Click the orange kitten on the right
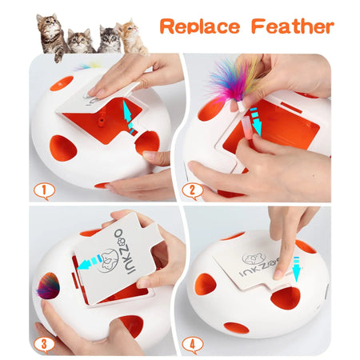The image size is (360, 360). point(131,36)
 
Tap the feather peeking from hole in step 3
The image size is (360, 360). point(48,286)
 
